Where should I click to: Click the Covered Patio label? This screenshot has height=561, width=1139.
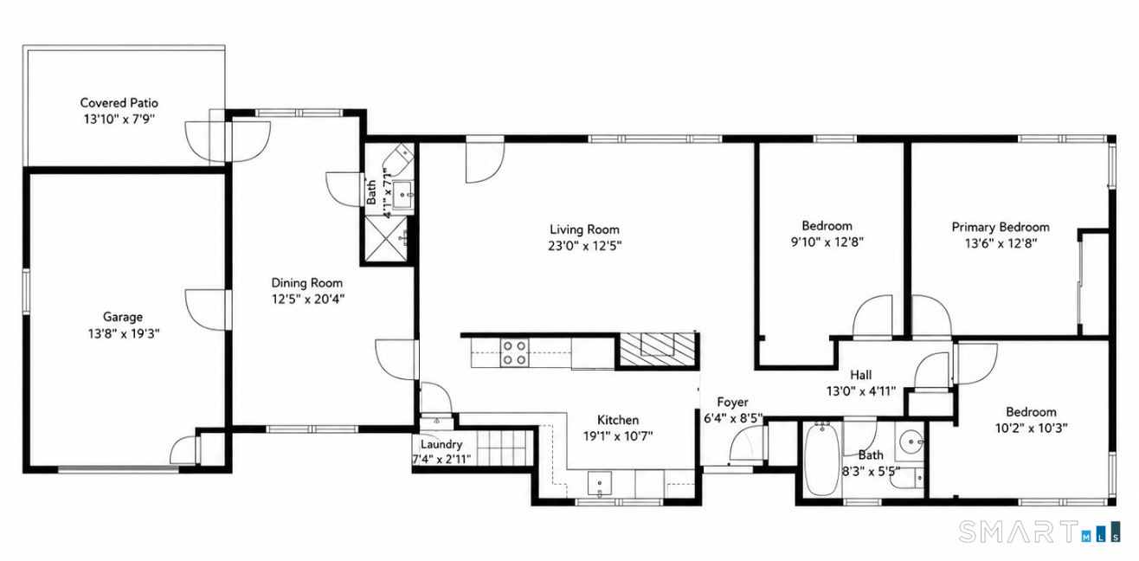[x=119, y=103]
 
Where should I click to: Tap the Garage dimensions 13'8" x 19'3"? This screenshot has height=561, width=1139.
[x=124, y=333]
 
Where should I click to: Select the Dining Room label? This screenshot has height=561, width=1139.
[x=306, y=283]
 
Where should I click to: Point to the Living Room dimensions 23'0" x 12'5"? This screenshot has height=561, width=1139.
[x=585, y=246]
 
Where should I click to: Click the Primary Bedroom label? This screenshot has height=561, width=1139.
[x=1001, y=227]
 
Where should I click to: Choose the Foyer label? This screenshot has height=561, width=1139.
[x=732, y=403]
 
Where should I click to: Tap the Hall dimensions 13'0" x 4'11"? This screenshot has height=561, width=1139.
[x=861, y=391]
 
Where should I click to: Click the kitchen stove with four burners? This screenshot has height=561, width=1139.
[x=514, y=352]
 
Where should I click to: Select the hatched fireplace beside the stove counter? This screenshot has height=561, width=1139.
[x=657, y=349]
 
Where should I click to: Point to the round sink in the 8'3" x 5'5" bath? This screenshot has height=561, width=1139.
[x=911, y=441]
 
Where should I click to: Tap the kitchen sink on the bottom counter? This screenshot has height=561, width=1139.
[x=600, y=483]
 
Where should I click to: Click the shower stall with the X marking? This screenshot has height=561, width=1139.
[x=386, y=239]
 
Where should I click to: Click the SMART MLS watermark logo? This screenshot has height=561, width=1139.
[x=1039, y=532]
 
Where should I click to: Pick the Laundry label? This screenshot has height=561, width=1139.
[x=441, y=444]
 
